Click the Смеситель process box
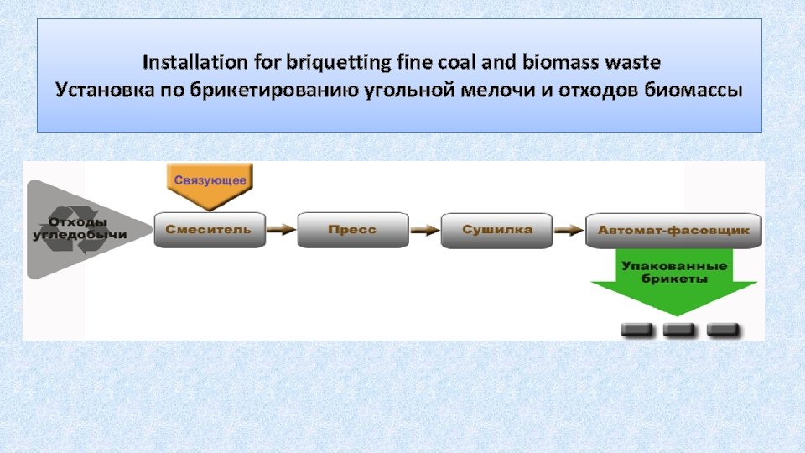209,230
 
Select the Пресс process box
352,230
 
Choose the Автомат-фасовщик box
674,230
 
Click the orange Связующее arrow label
210,184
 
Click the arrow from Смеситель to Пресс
282,230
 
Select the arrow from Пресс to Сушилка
425,230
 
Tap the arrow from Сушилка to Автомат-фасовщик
570,230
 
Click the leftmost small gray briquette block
636,330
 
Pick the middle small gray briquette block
678,330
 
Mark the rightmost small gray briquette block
722,330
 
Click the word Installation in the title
184,62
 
